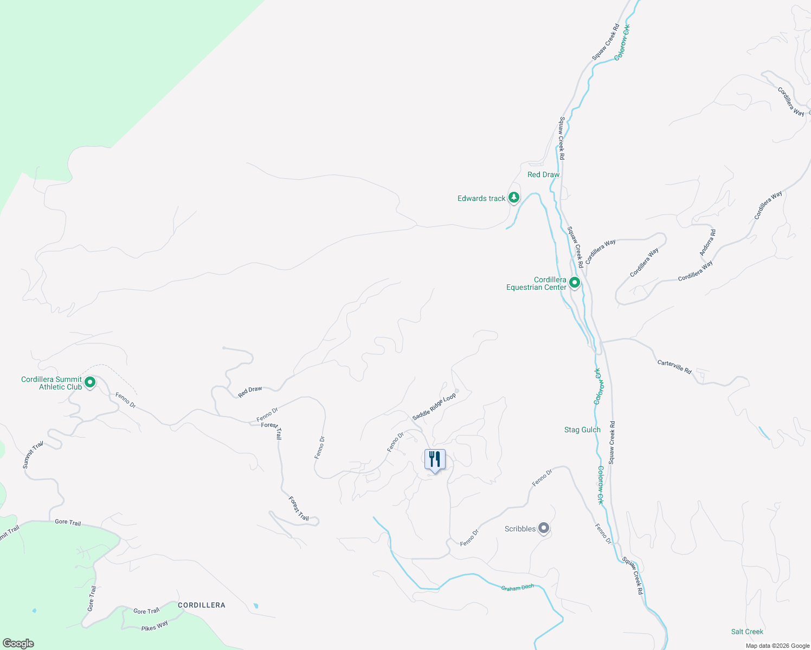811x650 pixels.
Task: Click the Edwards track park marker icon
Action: (513, 198)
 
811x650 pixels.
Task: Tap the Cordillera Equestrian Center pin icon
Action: (575, 282)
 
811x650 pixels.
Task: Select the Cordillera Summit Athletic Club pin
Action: (90, 382)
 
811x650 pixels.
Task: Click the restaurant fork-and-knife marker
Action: (435, 460)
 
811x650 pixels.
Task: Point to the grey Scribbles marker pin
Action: (544, 528)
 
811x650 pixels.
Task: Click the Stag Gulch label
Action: (582, 430)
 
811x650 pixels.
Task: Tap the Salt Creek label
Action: (747, 632)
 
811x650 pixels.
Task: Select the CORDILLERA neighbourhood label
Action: (201, 605)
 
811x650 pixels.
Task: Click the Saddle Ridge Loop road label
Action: (434, 407)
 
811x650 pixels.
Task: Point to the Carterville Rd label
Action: (674, 367)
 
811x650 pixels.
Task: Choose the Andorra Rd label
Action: (707, 242)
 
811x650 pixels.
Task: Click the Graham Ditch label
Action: (517, 588)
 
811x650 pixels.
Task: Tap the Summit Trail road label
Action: (33, 455)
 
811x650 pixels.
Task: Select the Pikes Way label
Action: (155, 626)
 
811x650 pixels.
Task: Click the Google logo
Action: (18, 643)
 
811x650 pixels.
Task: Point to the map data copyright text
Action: (777, 646)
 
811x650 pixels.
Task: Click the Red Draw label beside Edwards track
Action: (543, 174)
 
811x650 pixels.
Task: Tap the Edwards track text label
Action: (481, 198)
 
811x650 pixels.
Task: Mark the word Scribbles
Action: (520, 529)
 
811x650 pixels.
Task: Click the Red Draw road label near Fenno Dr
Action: (250, 392)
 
